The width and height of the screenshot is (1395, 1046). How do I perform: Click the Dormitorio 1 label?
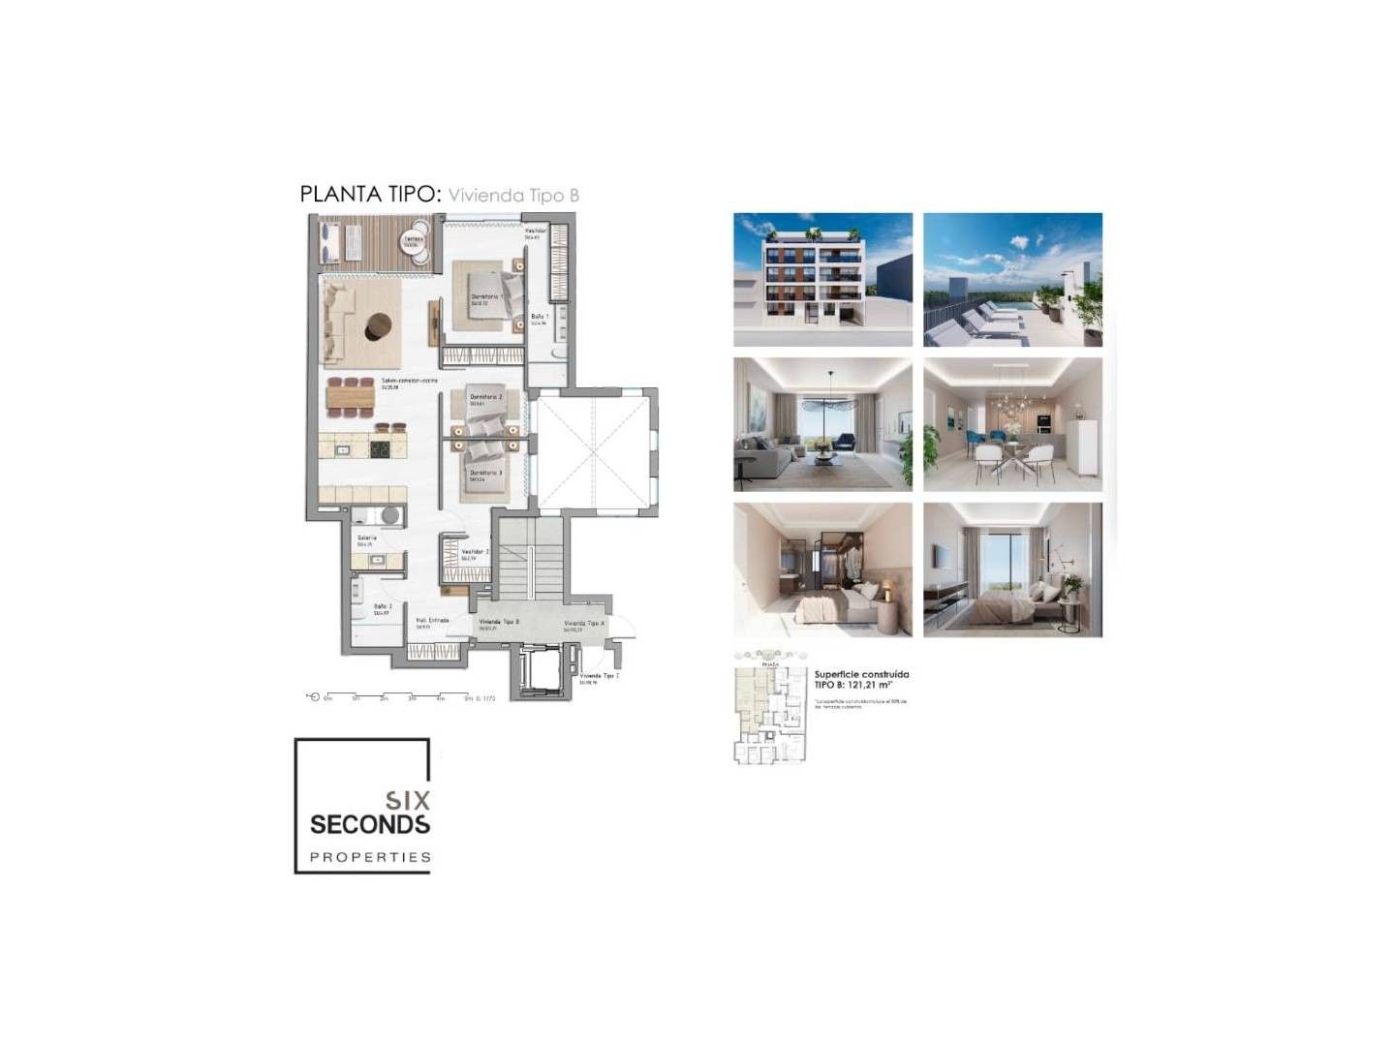485,298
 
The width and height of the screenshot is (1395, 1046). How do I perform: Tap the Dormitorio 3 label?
485,474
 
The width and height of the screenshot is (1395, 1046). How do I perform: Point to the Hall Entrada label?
432,622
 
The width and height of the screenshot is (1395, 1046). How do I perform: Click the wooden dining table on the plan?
350,397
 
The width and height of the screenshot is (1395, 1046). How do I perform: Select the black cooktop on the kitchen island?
379,448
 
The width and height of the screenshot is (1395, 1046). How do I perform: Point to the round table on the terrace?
413,242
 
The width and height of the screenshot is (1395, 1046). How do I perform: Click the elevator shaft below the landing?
534,670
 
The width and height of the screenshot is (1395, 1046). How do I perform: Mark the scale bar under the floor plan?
397,696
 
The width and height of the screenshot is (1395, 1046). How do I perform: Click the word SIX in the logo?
408,801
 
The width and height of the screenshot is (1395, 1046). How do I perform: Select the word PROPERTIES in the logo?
370,857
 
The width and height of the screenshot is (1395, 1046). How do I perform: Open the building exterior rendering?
822,279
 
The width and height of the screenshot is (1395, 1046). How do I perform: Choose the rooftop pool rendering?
1012,279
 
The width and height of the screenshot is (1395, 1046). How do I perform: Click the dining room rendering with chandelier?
1012,424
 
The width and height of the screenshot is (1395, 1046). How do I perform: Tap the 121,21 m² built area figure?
867,685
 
